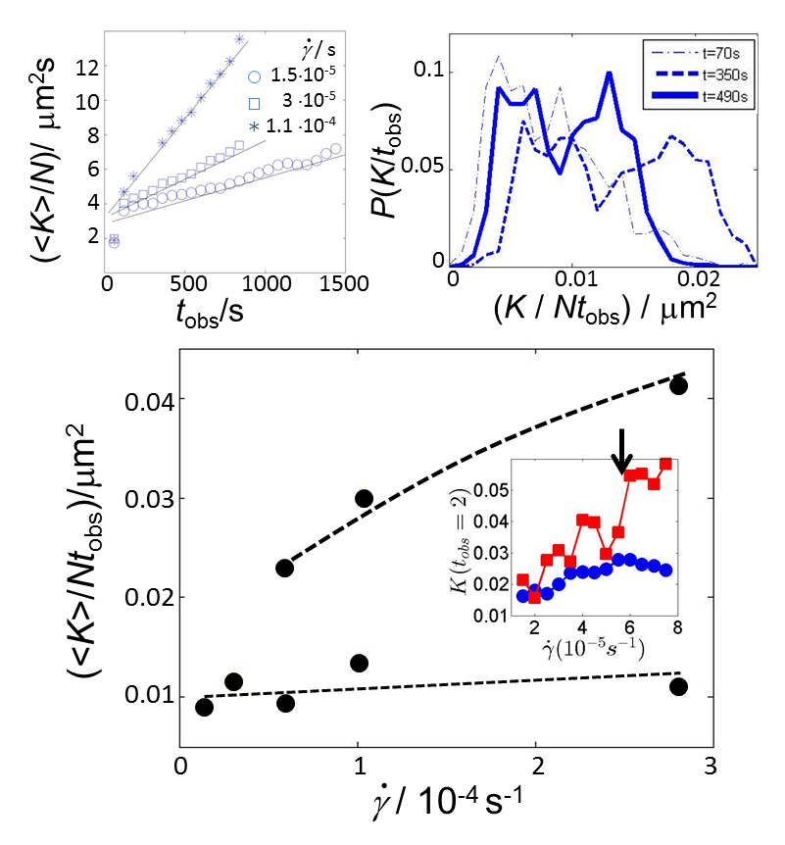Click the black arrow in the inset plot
coord(621,448)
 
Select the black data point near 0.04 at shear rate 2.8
coord(678,385)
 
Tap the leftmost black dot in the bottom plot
coord(204,707)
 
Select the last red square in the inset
coord(665,464)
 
